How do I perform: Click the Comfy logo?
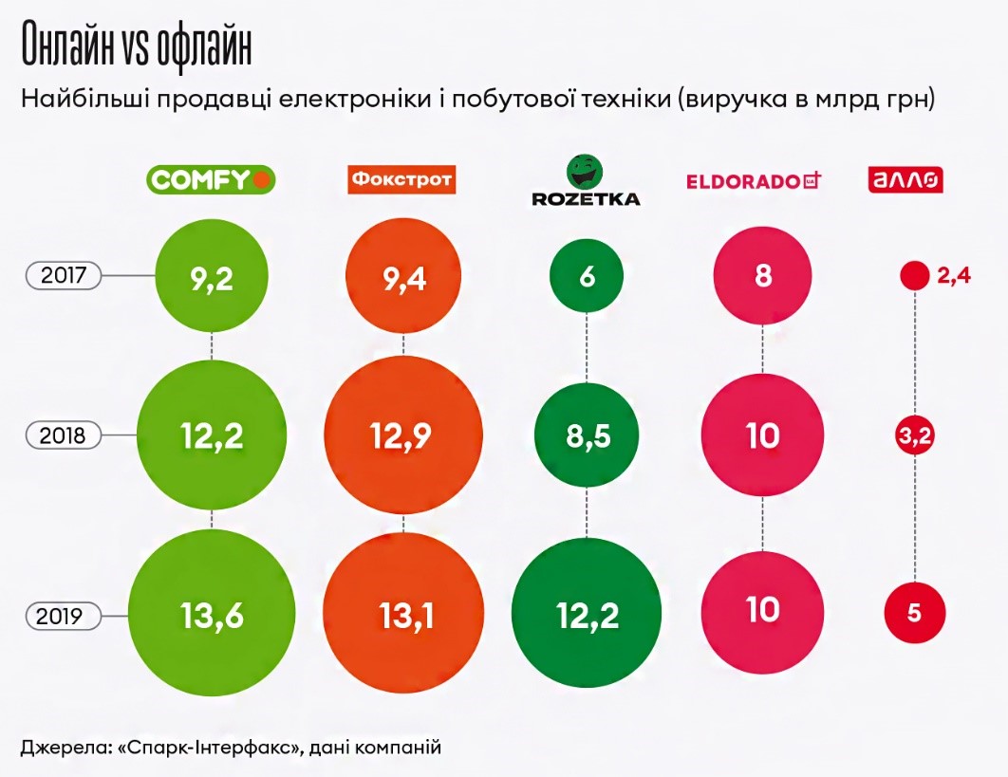pyautogui.click(x=211, y=178)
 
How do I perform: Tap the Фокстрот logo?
pyautogui.click(x=401, y=178)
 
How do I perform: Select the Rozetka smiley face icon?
pyautogui.click(x=585, y=172)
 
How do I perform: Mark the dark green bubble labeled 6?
pyautogui.click(x=587, y=276)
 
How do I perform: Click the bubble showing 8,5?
pyautogui.click(x=587, y=435)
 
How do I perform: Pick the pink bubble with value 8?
pyautogui.click(x=763, y=276)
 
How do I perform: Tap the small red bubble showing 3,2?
pyautogui.click(x=914, y=435)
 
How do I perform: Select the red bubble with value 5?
pyautogui.click(x=914, y=612)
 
